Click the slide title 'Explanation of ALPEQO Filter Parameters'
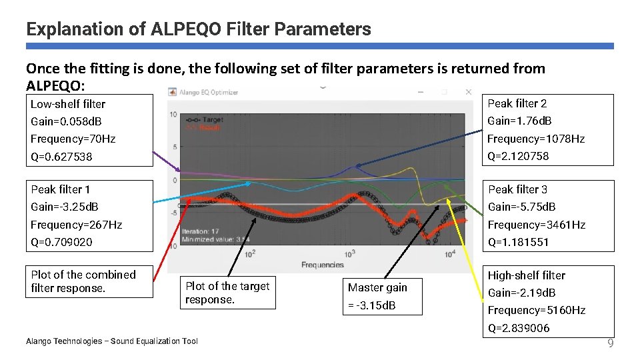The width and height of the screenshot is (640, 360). click(198, 29)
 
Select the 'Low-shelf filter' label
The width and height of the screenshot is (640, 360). click(68, 104)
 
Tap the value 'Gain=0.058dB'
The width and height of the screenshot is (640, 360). click(66, 121)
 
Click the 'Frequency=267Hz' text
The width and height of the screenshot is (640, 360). click(76, 225)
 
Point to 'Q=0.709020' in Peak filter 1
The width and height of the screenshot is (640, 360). click(61, 242)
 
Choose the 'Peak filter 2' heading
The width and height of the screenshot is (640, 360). click(517, 103)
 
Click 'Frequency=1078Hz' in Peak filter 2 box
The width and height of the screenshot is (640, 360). click(535, 139)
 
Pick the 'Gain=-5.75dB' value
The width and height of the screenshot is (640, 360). click(521, 207)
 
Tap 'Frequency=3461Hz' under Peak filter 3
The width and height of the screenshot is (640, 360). click(536, 225)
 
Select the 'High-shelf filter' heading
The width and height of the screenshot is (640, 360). click(526, 275)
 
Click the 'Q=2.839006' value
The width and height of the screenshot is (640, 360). click(519, 328)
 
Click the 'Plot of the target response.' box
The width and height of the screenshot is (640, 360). click(227, 293)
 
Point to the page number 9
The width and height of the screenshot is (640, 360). click(609, 344)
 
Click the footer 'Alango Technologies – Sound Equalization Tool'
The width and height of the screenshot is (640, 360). click(111, 341)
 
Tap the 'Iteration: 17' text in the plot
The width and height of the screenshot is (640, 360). click(201, 231)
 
